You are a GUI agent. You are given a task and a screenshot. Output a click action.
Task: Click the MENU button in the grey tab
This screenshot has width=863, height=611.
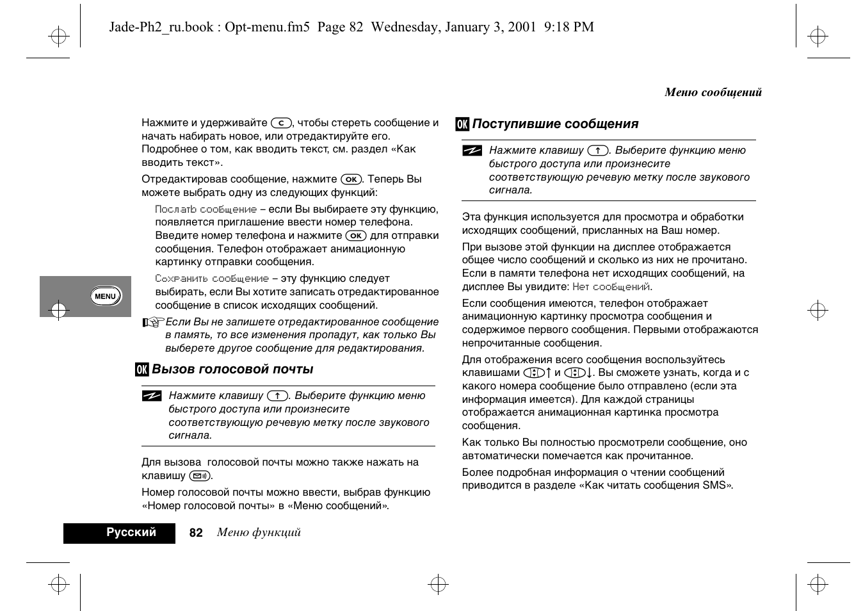click(105, 296)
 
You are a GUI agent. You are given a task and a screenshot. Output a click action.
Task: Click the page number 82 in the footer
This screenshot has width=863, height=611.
click(196, 533)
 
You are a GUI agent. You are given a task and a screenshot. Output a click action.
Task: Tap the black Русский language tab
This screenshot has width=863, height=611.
click(120, 533)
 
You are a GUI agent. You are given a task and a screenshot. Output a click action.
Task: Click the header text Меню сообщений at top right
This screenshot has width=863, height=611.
click(713, 92)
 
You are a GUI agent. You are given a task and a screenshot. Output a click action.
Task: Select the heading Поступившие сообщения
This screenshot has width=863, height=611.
click(555, 124)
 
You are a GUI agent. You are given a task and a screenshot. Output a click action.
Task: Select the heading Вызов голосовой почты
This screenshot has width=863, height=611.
click(232, 370)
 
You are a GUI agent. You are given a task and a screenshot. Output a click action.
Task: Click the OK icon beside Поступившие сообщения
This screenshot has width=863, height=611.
click(462, 124)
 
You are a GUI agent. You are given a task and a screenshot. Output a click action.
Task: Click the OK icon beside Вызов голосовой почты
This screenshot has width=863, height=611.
click(141, 370)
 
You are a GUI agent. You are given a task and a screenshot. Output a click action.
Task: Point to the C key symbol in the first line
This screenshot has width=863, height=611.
click(281, 123)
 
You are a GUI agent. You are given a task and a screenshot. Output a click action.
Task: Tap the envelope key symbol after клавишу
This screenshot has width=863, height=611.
click(200, 476)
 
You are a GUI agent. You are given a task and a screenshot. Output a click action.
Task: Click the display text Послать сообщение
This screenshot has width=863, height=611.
click(206, 209)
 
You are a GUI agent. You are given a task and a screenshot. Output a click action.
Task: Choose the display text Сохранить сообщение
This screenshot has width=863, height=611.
click(212, 279)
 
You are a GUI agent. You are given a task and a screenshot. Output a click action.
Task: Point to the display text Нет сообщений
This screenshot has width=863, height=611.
click(611, 287)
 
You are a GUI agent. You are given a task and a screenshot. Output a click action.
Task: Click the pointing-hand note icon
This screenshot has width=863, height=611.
click(153, 322)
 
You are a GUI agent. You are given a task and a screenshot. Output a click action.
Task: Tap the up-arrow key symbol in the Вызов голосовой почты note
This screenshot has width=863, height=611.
click(277, 396)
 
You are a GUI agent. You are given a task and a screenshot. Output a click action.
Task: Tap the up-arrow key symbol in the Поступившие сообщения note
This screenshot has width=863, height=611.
click(597, 151)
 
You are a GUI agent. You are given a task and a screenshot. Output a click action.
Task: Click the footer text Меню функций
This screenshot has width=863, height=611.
click(259, 533)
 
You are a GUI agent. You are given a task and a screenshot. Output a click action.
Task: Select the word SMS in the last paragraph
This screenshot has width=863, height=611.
click(714, 485)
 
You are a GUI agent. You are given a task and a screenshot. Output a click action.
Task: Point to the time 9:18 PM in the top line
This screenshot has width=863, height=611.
click(569, 27)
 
